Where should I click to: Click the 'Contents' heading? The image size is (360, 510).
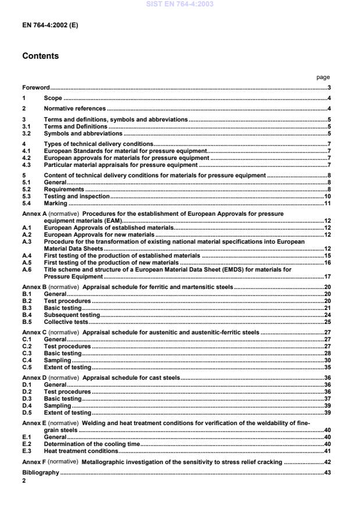[41, 57]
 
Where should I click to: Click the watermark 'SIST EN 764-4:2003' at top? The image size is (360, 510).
[180, 4]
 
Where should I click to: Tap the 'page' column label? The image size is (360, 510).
[323, 77]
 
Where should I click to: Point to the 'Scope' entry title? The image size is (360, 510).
[53, 98]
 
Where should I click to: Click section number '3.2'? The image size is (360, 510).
[26, 133]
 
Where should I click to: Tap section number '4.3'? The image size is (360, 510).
[26, 165]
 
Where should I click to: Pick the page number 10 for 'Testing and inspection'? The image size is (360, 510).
[327, 197]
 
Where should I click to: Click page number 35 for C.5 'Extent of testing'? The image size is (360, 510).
[327, 368]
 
